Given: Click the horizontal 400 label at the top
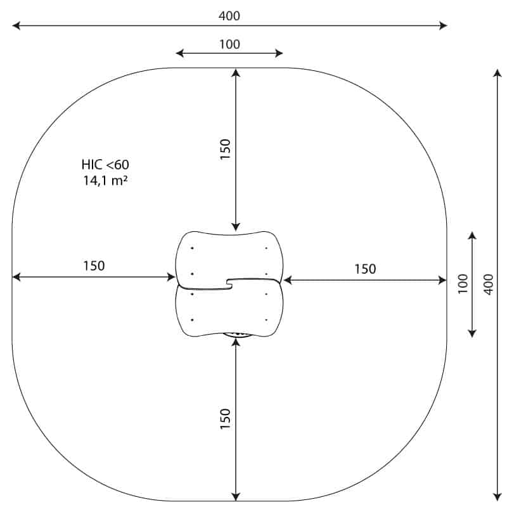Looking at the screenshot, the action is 229,16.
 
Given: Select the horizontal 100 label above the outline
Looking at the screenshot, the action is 229,44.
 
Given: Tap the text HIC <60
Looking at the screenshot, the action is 105,165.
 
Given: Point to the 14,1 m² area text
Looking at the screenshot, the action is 105,181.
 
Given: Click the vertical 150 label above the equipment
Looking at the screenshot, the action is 226,149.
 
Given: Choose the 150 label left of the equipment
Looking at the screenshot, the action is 94,266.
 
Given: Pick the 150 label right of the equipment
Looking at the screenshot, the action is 366,269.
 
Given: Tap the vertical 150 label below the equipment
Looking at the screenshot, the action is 226,419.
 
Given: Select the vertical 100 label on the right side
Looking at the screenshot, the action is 463,284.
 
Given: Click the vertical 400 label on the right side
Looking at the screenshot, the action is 489,285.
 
